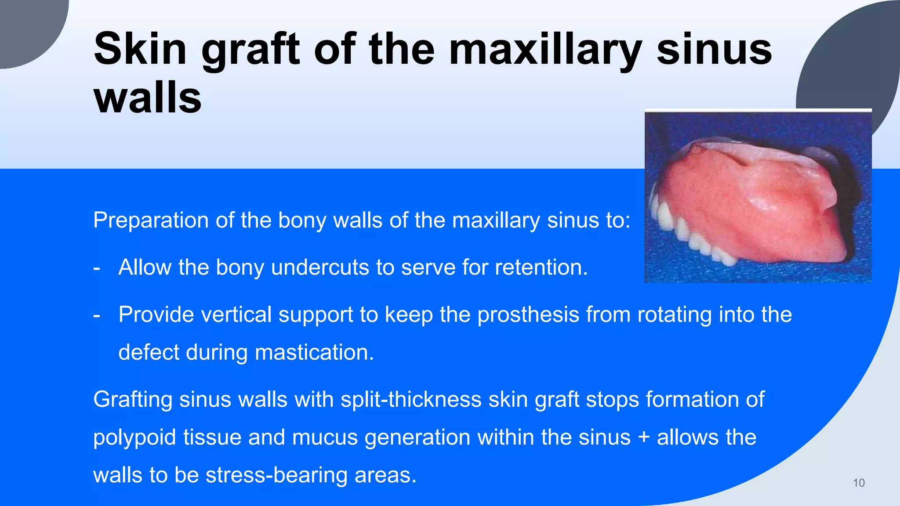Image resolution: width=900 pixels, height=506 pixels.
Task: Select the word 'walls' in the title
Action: coord(148,97)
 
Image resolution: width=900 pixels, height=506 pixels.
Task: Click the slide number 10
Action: coord(859,483)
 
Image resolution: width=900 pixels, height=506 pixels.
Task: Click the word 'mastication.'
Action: coord(314,352)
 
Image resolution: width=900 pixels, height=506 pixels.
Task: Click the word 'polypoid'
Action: coord(134,437)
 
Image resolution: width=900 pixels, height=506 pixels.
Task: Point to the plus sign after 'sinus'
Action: coord(644,437)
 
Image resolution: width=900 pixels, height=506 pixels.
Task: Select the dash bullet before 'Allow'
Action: coord(97,267)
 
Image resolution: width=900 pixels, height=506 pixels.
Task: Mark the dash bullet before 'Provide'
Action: coord(97,315)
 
